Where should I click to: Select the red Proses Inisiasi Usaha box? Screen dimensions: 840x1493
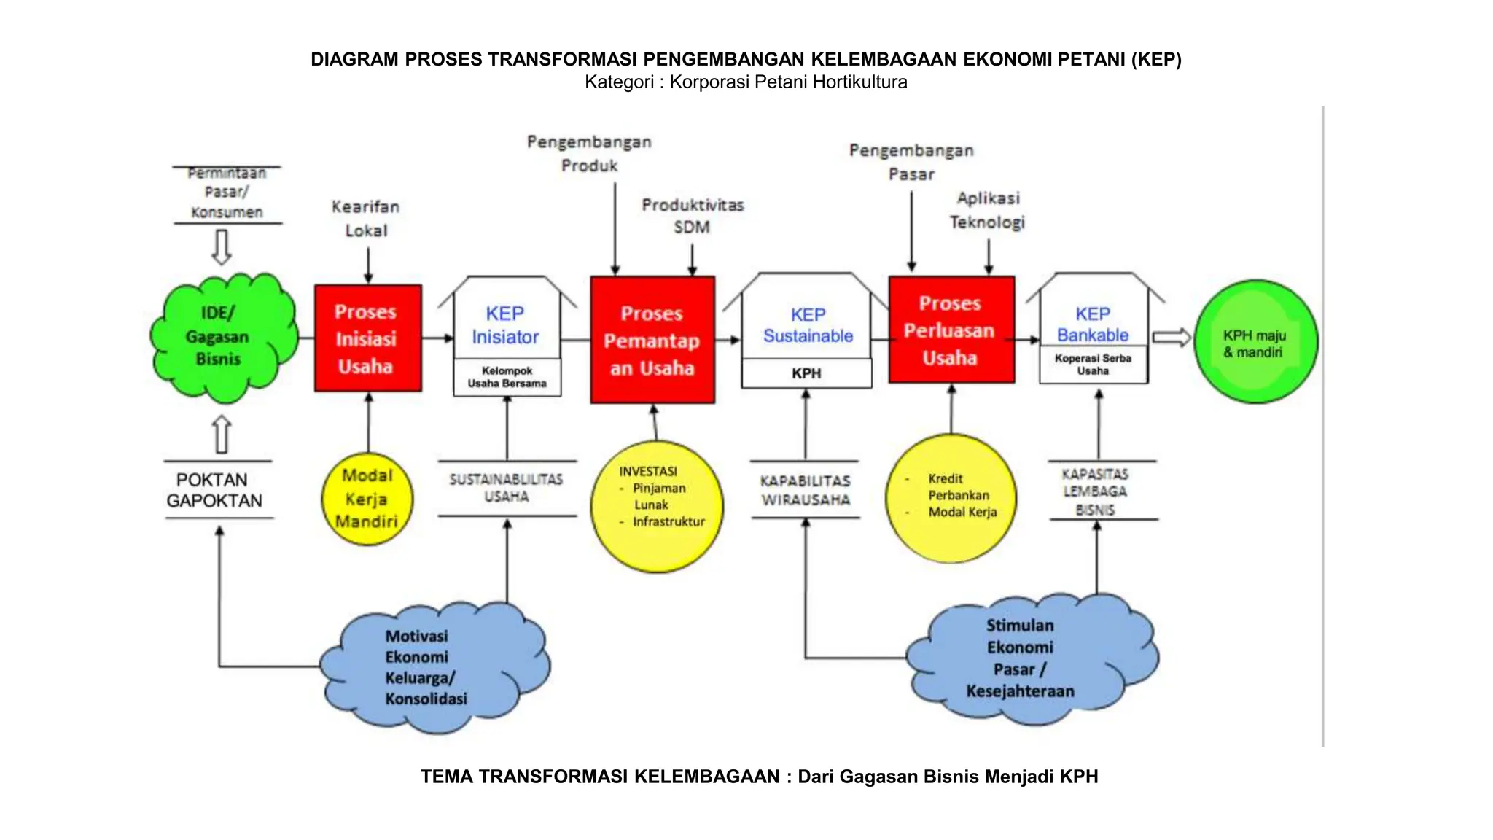[x=367, y=338]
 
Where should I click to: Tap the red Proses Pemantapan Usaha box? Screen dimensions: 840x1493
[x=652, y=341]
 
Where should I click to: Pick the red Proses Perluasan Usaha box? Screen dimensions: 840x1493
[x=951, y=330]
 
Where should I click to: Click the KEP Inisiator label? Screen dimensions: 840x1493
[x=505, y=325]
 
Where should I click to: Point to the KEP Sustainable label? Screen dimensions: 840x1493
[x=808, y=325]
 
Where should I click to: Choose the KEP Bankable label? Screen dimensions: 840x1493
[x=1093, y=324]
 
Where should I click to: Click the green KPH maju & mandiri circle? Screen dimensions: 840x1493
[x=1255, y=343]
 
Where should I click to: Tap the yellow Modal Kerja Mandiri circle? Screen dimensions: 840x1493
[x=367, y=499]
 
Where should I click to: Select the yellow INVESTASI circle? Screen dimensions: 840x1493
[x=656, y=506]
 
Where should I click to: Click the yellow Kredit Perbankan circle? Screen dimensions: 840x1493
[x=951, y=498]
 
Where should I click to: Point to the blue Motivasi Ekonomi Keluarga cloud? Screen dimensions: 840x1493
[x=434, y=667]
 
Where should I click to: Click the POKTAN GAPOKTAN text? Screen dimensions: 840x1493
[x=214, y=490]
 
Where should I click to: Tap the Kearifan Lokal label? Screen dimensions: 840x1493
[x=365, y=218]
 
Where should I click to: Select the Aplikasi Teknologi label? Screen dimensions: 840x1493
[x=988, y=210]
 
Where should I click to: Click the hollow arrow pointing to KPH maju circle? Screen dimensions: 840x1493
[x=1171, y=338]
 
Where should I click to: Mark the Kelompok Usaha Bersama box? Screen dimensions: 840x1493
[x=507, y=377]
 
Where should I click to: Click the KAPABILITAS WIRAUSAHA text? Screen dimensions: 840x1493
[x=806, y=490]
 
